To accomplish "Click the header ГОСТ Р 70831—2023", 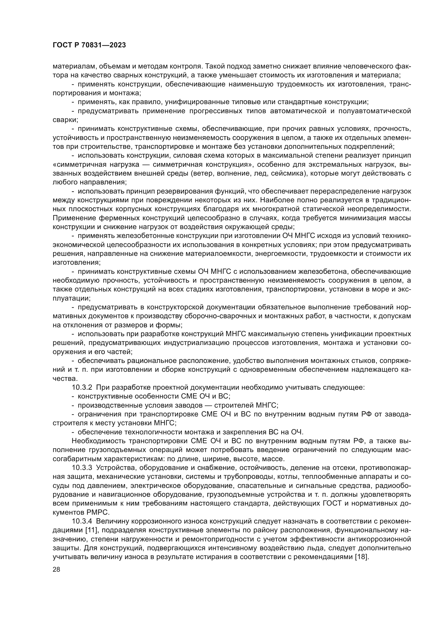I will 89,45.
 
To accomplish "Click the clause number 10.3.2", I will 82,388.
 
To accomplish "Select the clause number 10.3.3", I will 82,468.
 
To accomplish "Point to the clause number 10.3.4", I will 82,522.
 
